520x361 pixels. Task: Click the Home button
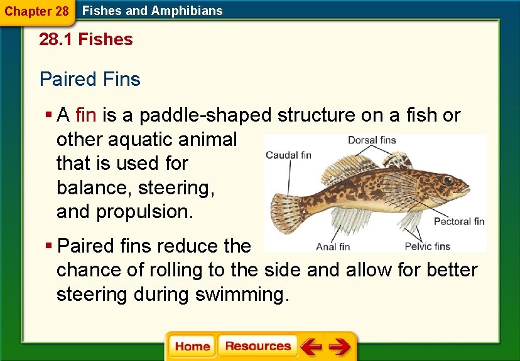pos(192,347)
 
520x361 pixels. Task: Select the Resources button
pos(257,346)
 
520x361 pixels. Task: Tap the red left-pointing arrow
pos(310,347)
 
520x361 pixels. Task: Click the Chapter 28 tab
pos(36,11)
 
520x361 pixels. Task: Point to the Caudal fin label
pos(288,155)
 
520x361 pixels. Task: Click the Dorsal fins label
pos(372,140)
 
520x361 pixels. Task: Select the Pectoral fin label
pos(459,221)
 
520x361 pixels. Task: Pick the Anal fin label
pos(333,246)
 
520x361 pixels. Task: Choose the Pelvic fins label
pos(427,246)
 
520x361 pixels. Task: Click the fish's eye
pos(447,179)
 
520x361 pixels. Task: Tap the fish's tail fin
pos(286,207)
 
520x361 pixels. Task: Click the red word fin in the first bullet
pos(85,115)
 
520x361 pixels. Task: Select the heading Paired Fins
pos(90,80)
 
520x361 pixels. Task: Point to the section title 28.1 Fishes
pos(86,39)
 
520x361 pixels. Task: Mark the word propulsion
pos(144,212)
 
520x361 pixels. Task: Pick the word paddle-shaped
pos(206,115)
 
